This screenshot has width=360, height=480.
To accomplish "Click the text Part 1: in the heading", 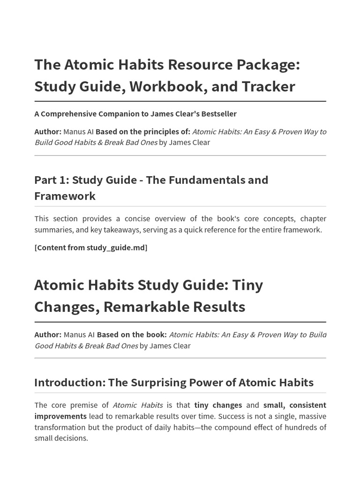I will click(x=51, y=180).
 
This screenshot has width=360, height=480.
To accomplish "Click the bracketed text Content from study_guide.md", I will click(x=91, y=247).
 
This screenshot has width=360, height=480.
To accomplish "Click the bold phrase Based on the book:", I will click(x=132, y=335).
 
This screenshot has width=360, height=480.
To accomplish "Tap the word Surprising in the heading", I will click(x=159, y=382).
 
